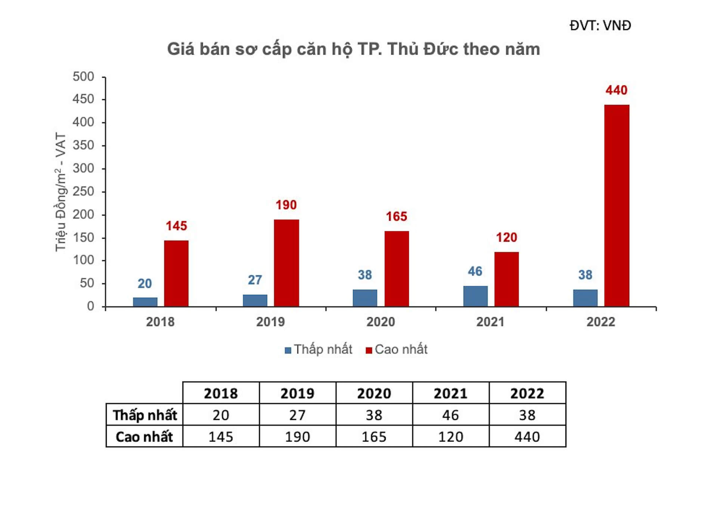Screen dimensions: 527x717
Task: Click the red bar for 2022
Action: coord(617,206)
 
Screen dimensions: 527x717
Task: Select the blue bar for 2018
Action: coord(145,302)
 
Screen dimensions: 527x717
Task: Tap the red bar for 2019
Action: coord(286,263)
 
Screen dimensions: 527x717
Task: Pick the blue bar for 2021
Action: coord(475,296)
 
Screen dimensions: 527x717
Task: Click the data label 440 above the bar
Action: coord(616,90)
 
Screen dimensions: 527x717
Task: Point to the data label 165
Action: coord(396,216)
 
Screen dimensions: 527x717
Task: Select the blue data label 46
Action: coord(475,271)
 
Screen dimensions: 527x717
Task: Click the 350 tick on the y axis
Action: coord(83,145)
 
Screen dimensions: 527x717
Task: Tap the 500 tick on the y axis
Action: coord(83,76)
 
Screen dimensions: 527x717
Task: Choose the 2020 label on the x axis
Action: coord(381,322)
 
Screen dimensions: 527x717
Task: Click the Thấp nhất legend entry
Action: coord(319,349)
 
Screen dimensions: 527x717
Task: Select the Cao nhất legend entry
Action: coord(397,349)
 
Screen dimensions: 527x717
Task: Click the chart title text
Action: coord(353,49)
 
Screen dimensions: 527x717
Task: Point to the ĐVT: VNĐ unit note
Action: coord(600,25)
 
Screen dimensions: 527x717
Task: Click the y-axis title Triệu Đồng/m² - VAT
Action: coord(60,192)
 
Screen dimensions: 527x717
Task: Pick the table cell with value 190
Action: coord(297,437)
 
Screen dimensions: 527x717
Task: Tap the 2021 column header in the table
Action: coord(450,393)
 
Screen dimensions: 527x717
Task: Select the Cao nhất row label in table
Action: coord(145,437)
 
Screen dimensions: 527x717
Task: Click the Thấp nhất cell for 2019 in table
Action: coord(297,415)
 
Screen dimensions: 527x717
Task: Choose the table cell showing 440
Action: coord(527,437)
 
